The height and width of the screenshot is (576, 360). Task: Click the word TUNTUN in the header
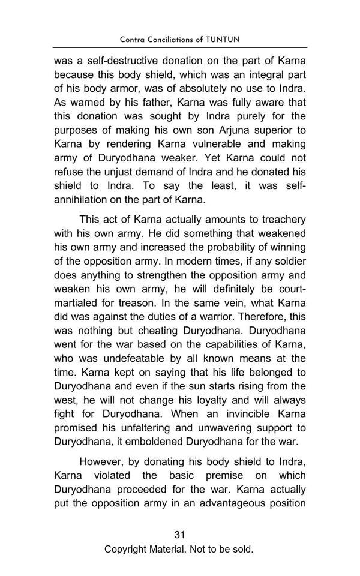(223, 40)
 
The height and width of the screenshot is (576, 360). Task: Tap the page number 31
(179, 535)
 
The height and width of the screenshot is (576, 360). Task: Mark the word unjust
(114, 172)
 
